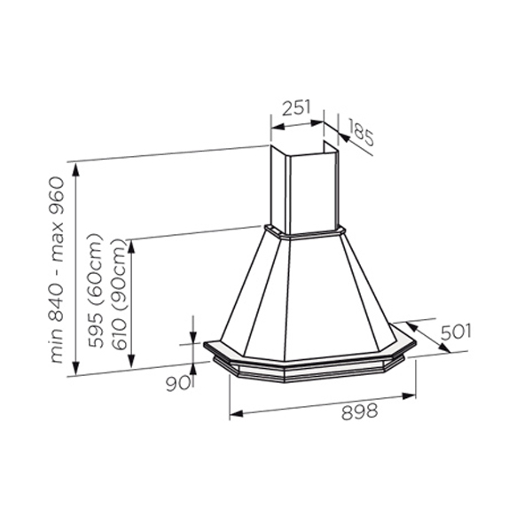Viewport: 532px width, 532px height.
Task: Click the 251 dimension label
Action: (x=296, y=107)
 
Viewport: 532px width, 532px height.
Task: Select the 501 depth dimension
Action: (x=456, y=332)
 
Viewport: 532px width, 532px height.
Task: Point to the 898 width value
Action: (x=359, y=412)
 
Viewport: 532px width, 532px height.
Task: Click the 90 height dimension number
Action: (x=177, y=384)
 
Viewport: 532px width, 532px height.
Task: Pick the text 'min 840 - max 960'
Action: (x=57, y=270)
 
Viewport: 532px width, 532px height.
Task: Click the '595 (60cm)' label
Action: (x=95, y=291)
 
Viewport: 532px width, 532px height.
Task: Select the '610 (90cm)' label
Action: (x=119, y=294)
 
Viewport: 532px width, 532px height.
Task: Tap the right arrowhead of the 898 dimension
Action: (x=409, y=396)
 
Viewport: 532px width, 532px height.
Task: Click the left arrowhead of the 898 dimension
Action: (x=237, y=413)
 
